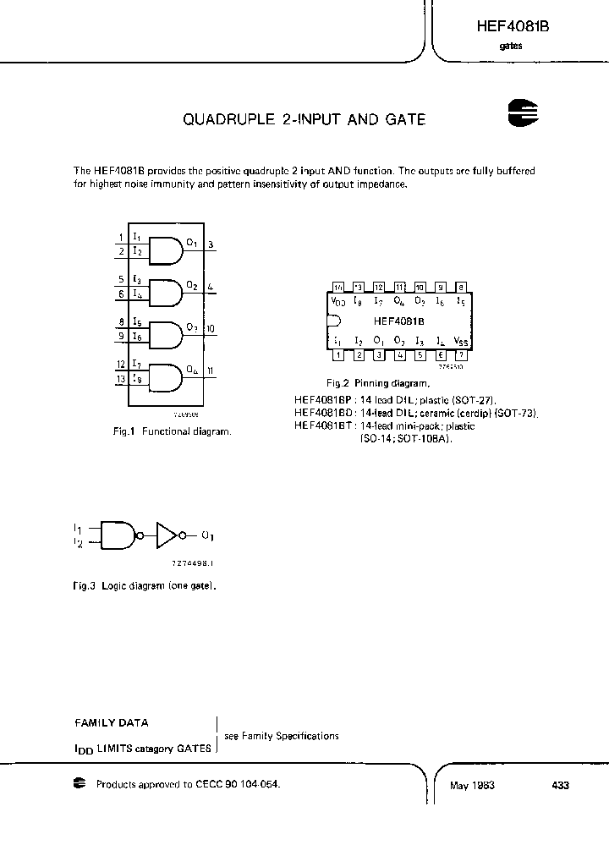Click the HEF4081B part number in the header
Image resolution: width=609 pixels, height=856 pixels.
[513, 26]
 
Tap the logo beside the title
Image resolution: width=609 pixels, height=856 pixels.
[524, 114]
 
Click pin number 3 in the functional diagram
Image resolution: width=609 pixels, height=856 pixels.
[211, 245]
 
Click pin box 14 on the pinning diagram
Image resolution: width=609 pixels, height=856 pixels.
[337, 287]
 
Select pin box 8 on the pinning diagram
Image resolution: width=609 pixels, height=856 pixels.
[461, 287]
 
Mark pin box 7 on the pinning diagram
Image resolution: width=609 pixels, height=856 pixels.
[461, 354]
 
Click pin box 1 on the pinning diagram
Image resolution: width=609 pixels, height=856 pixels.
[337, 354]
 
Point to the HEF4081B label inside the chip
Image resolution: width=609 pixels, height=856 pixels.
[398, 321]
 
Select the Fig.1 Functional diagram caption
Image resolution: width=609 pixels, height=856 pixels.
[172, 431]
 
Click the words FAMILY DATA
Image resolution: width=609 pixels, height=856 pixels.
[112, 723]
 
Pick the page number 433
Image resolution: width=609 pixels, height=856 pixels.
[560, 785]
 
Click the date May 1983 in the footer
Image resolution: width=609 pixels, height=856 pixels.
[472, 785]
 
